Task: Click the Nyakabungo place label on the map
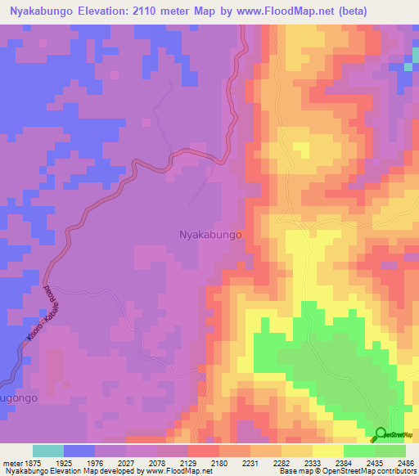(x=210, y=235)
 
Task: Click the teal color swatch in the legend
(x=48, y=451)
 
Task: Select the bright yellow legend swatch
(x=327, y=451)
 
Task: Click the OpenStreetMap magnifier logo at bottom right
(x=381, y=433)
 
